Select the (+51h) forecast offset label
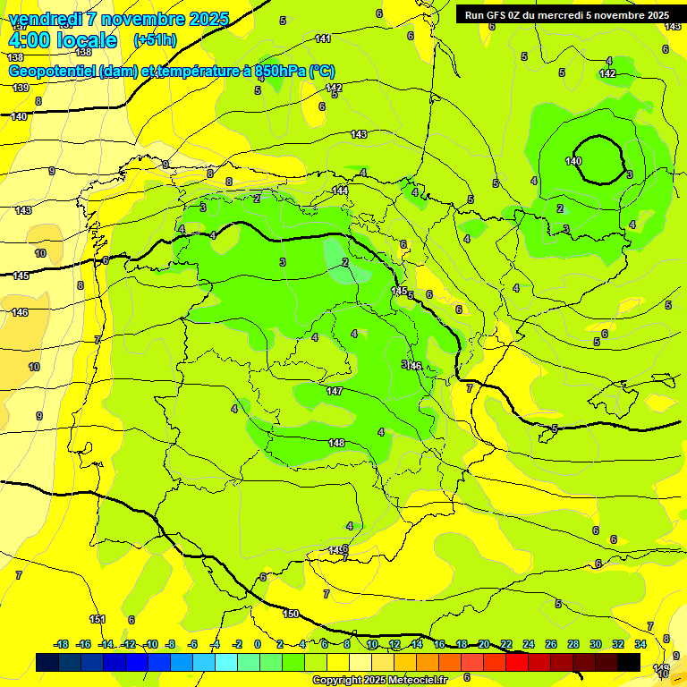[155, 40]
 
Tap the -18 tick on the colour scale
[61, 644]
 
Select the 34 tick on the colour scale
[640, 644]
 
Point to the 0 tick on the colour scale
[258, 644]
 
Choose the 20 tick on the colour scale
[484, 644]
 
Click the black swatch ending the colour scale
[629, 662]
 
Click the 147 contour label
[335, 392]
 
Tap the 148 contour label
[336, 443]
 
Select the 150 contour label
[291, 614]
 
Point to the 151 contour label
[98, 619]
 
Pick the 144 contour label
[340, 191]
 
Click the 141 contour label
[323, 38]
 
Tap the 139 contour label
[21, 88]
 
